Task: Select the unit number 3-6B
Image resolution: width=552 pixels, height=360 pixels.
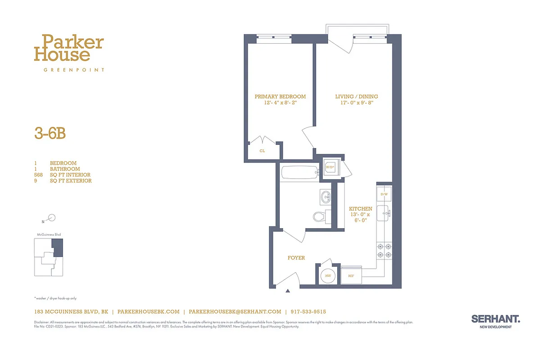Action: [x=50, y=134]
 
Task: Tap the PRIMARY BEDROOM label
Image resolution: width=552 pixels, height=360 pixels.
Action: [x=280, y=97]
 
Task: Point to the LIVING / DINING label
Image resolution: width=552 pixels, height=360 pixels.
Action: [x=356, y=97]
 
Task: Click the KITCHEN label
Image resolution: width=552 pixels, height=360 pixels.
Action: [x=361, y=209]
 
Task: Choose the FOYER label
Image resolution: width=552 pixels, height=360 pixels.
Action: [x=296, y=258]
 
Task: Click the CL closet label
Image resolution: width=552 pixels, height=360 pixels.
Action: [x=262, y=151]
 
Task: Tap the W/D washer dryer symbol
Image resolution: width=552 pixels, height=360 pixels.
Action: [x=330, y=168]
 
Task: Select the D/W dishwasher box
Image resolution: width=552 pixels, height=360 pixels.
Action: [x=384, y=194]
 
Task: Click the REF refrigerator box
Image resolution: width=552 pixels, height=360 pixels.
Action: [x=351, y=275]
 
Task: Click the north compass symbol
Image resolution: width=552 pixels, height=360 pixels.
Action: [x=51, y=218]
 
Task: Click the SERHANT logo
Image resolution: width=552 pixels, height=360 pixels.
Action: [x=495, y=319]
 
